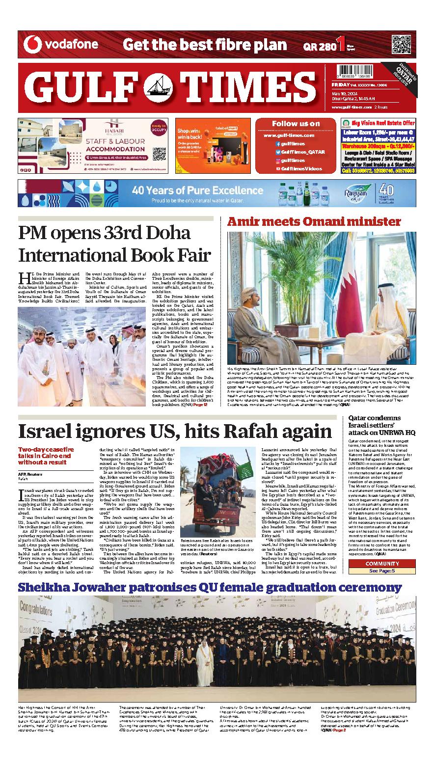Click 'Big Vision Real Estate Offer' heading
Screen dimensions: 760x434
pyautogui.click(x=384, y=123)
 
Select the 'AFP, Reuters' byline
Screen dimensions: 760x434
pyautogui.click(x=30, y=474)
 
